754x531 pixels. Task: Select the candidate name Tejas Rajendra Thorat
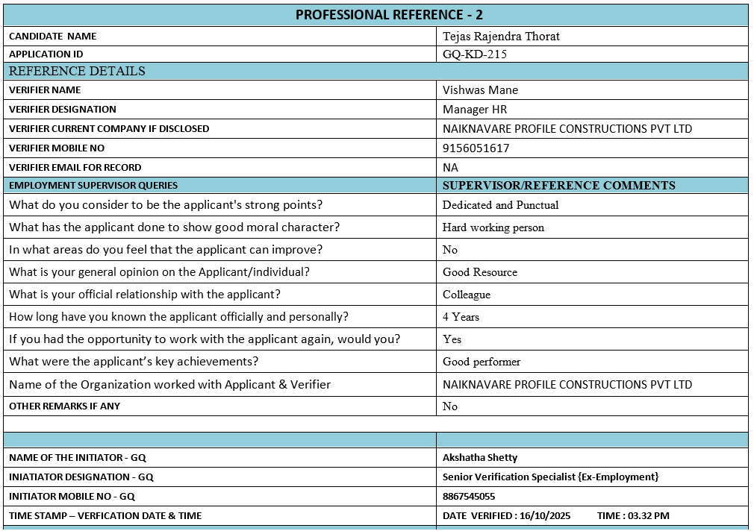click(501, 36)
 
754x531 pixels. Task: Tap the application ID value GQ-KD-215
click(476, 54)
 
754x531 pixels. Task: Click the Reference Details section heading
click(77, 72)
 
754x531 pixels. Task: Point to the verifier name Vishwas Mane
click(480, 90)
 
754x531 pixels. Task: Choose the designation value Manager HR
click(475, 110)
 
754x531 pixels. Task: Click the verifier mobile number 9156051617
click(476, 148)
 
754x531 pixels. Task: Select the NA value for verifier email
click(450, 168)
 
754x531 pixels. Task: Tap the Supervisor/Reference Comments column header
click(558, 186)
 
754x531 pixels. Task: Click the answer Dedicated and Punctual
click(500, 205)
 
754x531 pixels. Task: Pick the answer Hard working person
click(493, 227)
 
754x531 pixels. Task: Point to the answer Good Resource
click(479, 272)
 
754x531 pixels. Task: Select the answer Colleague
click(466, 295)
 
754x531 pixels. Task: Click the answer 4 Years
click(461, 317)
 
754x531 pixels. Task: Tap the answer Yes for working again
click(452, 339)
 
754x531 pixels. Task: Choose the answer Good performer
click(482, 362)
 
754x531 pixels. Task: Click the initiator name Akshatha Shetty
click(479, 458)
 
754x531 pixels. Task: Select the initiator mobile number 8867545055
click(469, 497)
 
